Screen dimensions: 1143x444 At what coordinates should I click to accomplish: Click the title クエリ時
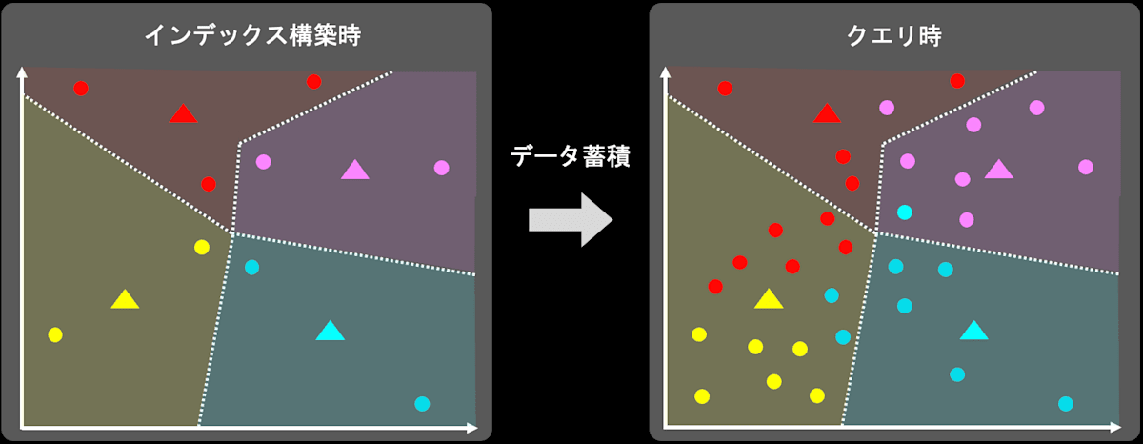tap(892, 35)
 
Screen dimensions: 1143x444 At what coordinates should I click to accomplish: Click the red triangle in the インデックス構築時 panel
tap(183, 114)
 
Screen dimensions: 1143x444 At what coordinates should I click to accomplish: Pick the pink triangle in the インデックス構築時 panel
tap(355, 170)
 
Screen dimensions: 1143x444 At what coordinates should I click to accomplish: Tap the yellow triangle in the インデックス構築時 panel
tap(125, 299)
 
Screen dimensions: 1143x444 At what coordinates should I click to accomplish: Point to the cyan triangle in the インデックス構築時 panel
tap(330, 332)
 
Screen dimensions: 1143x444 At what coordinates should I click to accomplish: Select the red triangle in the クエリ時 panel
tap(827, 114)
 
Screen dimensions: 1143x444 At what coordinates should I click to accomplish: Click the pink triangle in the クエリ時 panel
tap(998, 170)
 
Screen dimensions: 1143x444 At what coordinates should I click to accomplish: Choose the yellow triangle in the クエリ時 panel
tap(769, 299)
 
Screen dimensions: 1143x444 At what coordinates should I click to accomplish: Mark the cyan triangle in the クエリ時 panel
tap(973, 331)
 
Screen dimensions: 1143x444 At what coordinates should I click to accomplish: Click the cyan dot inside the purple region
tap(905, 212)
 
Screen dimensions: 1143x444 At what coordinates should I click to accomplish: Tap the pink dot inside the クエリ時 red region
tap(887, 108)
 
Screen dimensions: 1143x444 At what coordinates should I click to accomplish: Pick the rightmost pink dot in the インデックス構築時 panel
tap(442, 168)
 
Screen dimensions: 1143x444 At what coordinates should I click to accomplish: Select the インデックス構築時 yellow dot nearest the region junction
tap(202, 247)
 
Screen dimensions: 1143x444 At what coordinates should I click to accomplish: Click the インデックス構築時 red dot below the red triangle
tap(209, 183)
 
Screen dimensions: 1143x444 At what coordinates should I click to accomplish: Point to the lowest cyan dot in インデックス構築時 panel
tap(423, 403)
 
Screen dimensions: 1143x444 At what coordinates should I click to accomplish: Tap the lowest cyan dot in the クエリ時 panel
tap(1066, 403)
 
